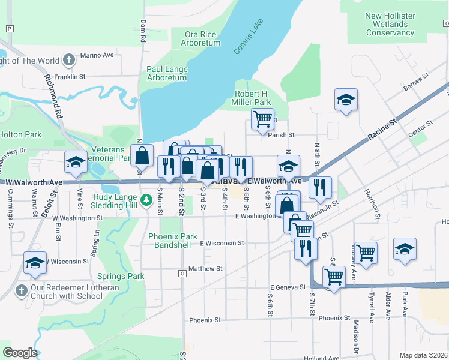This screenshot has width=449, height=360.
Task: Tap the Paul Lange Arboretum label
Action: pyautogui.click(x=167, y=74)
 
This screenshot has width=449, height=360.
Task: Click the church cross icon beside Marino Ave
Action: pyautogui.click(x=70, y=60)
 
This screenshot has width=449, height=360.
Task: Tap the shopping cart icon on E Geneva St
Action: pyautogui.click(x=334, y=277)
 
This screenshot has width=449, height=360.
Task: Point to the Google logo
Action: pyautogui.click(x=20, y=353)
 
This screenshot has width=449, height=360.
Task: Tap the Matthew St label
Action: pyautogui.click(x=205, y=269)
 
